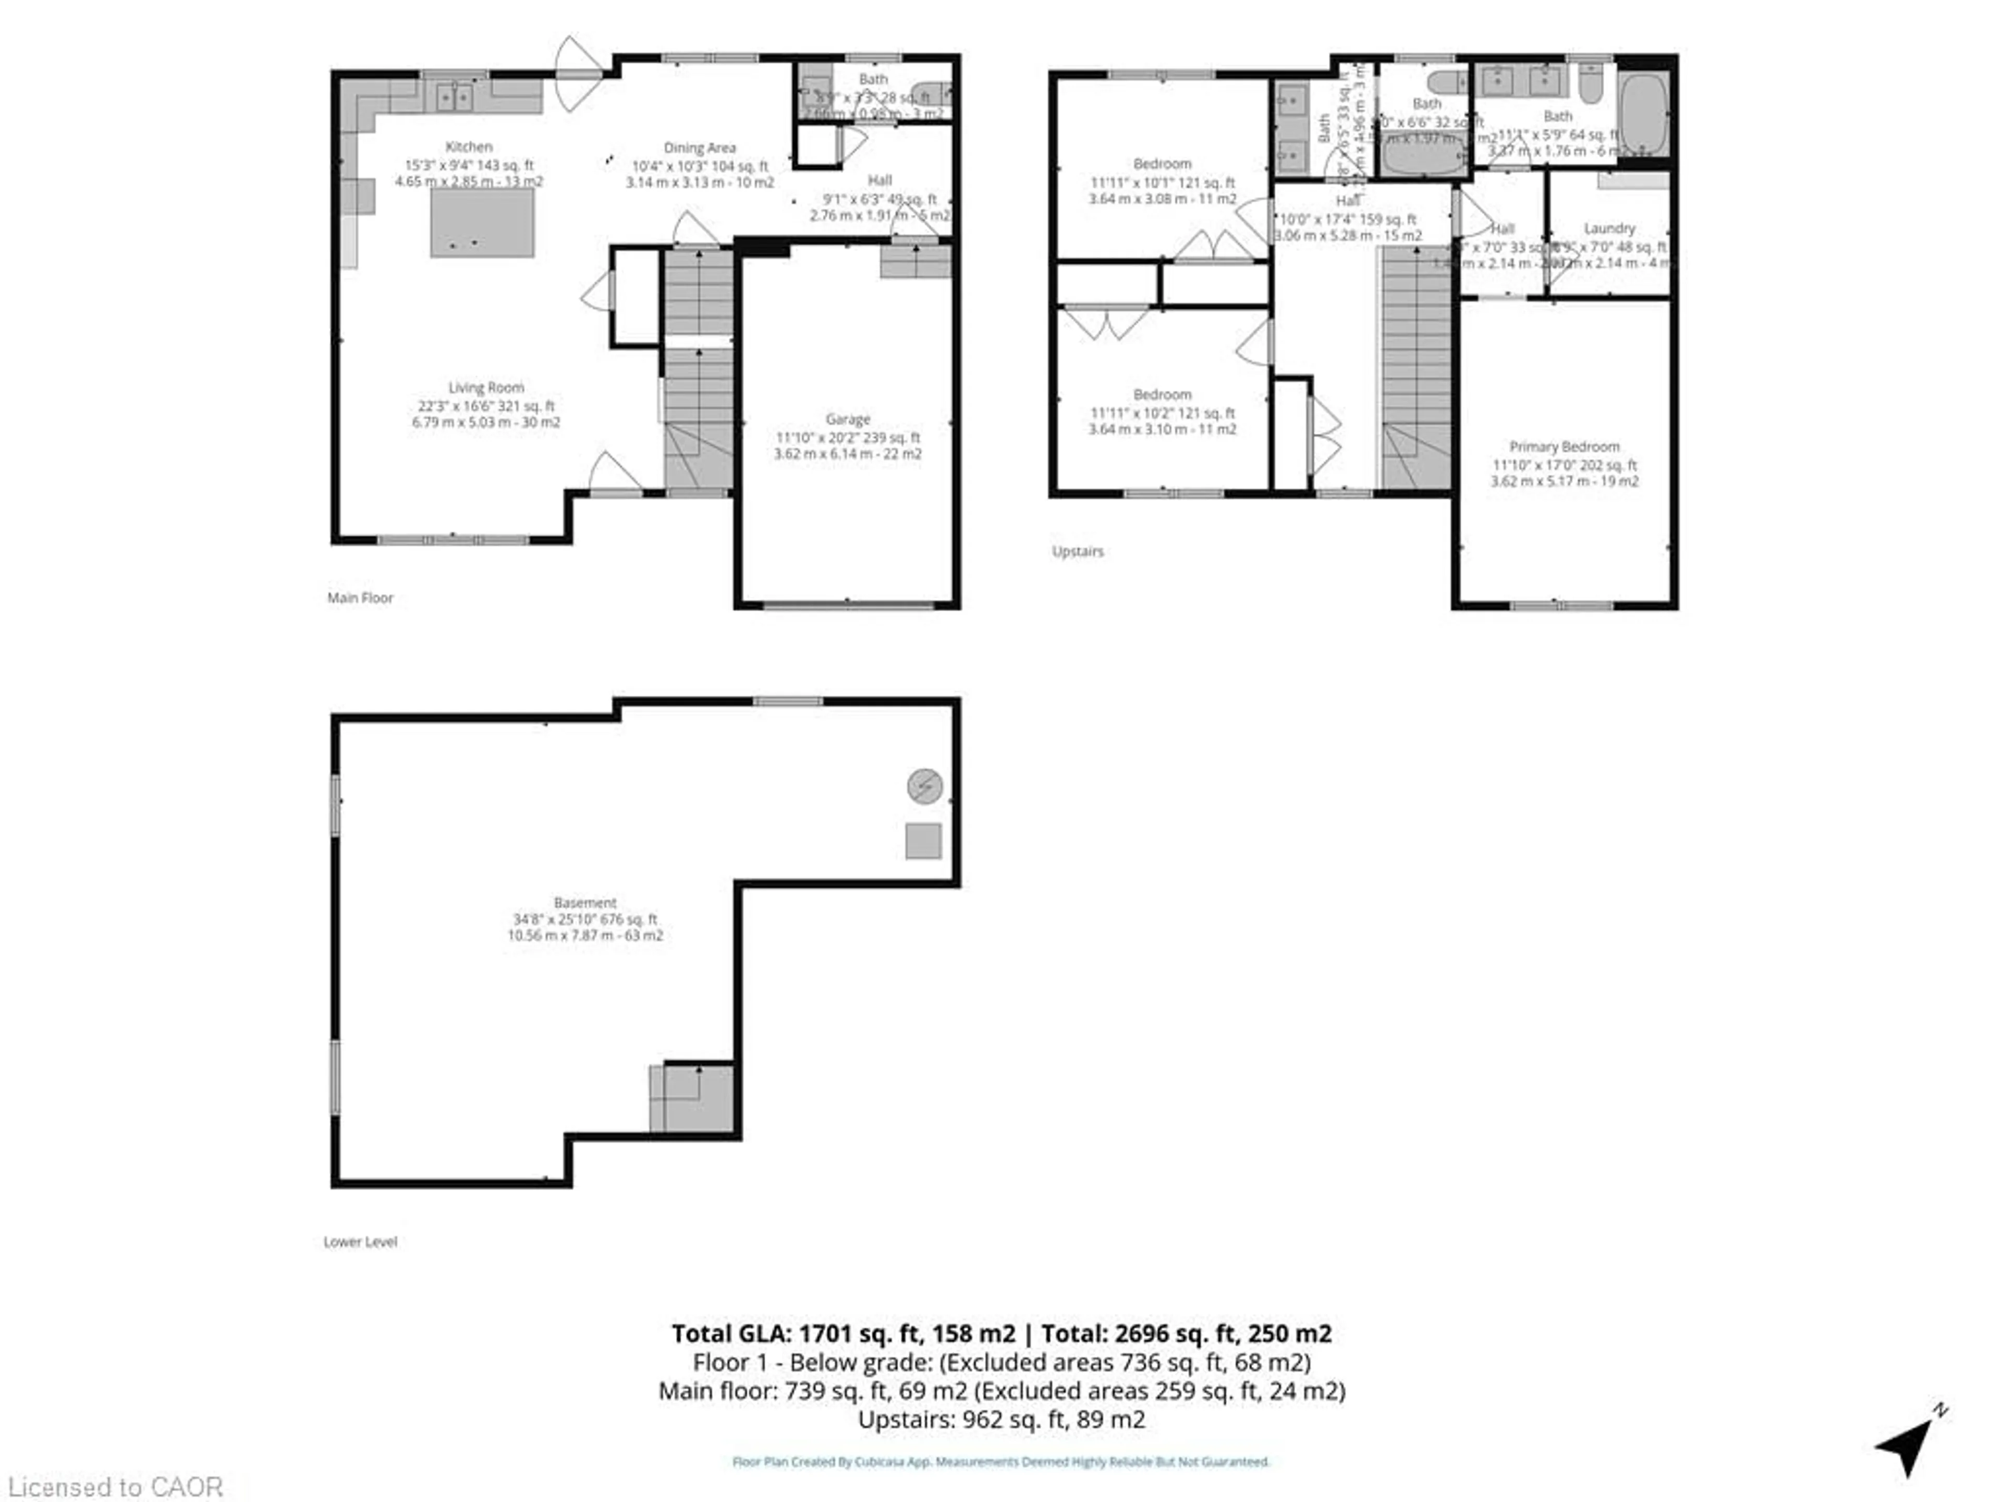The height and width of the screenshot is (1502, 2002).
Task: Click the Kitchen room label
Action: tap(469, 147)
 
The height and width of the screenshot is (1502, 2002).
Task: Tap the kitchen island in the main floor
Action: tap(482, 223)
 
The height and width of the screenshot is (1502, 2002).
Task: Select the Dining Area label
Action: tap(700, 148)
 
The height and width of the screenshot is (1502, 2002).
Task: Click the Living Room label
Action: tap(486, 387)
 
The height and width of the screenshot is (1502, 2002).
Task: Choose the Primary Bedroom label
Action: tap(1564, 446)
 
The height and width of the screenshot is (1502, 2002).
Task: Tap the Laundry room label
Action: tap(1609, 228)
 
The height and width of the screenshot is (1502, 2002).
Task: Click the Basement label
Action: tap(584, 903)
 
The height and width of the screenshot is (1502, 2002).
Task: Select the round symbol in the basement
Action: tap(924, 786)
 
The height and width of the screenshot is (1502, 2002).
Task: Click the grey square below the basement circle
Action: tap(923, 841)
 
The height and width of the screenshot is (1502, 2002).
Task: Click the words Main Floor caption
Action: tap(360, 598)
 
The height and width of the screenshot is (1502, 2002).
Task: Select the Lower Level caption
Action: tap(360, 1241)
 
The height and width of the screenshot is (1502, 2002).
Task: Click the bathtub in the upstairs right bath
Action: tap(1643, 114)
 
